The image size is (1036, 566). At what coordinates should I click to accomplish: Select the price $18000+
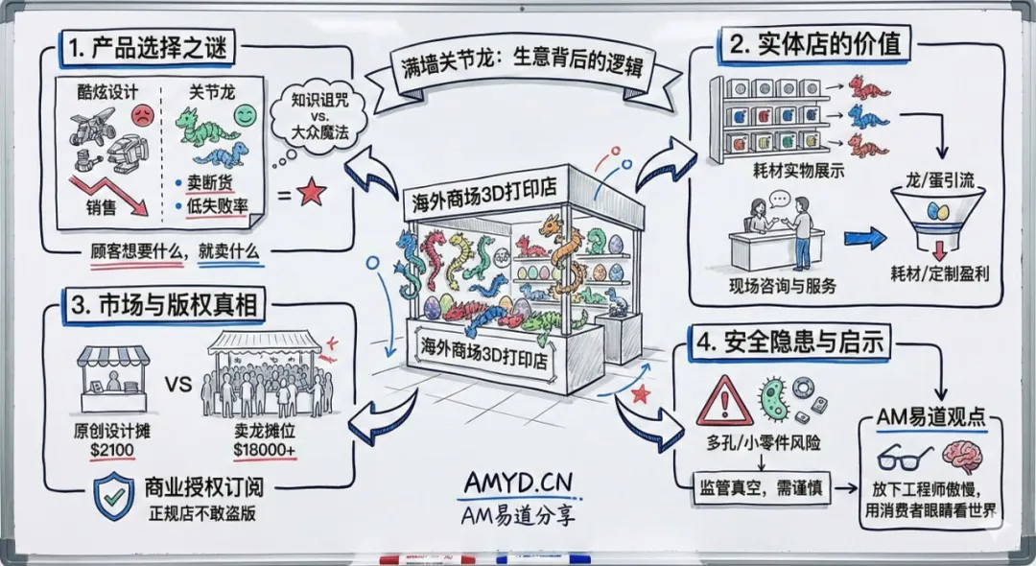pos(265,448)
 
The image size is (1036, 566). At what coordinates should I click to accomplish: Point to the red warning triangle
pos(724,401)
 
